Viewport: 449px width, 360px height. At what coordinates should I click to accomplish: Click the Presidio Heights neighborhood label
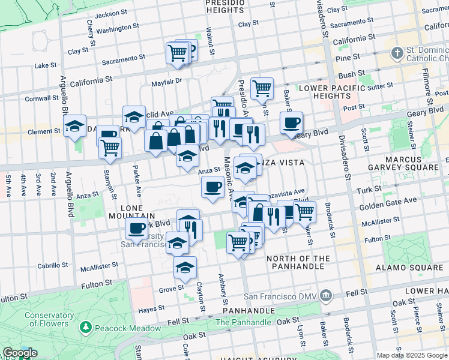[x=224, y=7]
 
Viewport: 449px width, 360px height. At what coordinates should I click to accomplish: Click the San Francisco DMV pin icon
[x=325, y=295]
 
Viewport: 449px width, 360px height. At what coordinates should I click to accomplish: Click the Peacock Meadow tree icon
[x=86, y=328]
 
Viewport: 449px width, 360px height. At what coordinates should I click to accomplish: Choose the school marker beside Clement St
[x=75, y=126]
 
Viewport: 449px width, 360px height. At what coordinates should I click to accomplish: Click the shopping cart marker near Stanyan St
[x=110, y=148]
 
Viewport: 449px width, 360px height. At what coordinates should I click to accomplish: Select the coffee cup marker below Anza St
[x=212, y=187]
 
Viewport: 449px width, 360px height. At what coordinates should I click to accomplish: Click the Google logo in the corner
[x=20, y=353]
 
